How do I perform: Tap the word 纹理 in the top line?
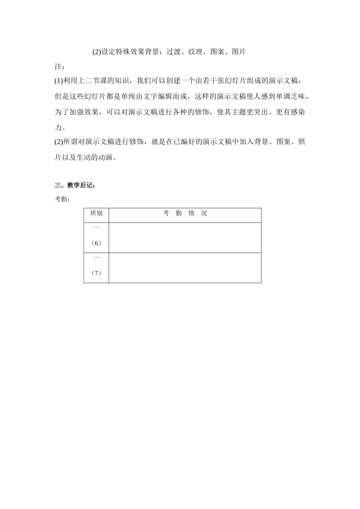coord(195,52)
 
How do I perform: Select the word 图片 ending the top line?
coord(239,52)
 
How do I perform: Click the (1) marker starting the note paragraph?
coord(59,81)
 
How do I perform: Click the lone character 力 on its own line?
coord(58,127)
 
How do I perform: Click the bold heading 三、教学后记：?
coord(75,185)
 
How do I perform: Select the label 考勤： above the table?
coord(62,199)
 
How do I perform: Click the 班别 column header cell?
coord(96,213)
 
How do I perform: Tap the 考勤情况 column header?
coord(185,213)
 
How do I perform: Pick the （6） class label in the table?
coord(96,243)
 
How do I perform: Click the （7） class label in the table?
coord(96,273)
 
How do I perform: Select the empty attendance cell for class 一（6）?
coord(185,237)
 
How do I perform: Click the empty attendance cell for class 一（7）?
coord(185,268)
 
